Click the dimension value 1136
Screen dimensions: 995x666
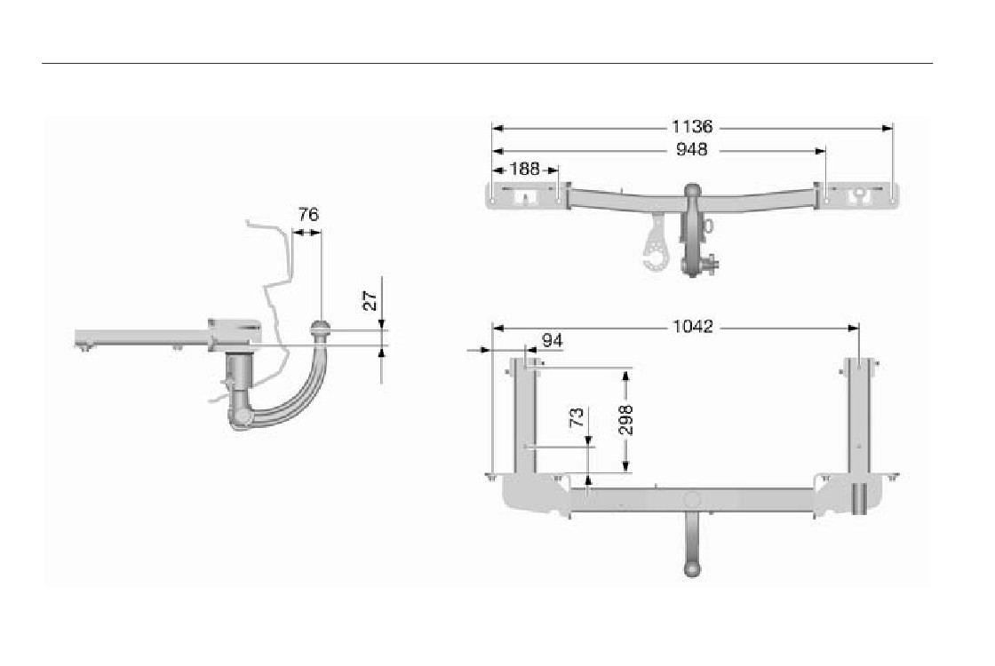pyautogui.click(x=692, y=127)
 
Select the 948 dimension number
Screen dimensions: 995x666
pyautogui.click(x=692, y=150)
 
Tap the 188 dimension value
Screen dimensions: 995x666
pyautogui.click(x=525, y=169)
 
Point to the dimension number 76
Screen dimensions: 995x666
pyautogui.click(x=308, y=214)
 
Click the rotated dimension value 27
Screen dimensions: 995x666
pyautogui.click(x=370, y=300)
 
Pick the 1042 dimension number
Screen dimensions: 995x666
pyautogui.click(x=692, y=327)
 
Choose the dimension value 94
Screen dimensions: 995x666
pyautogui.click(x=552, y=341)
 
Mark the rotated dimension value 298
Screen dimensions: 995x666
pyautogui.click(x=625, y=419)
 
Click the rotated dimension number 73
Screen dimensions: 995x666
pyautogui.click(x=577, y=417)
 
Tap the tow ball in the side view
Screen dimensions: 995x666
pyautogui.click(x=320, y=329)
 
